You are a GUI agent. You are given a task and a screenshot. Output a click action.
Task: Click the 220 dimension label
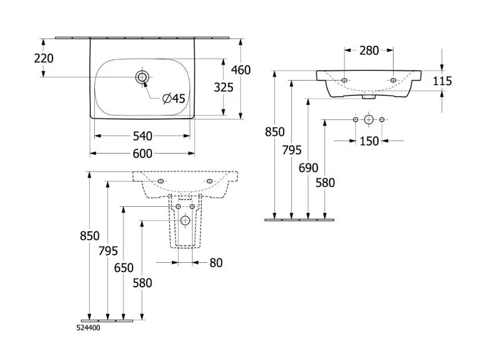[45, 58]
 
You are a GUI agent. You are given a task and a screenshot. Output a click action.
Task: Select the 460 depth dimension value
[241, 70]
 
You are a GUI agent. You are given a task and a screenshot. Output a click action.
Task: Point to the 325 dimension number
[223, 87]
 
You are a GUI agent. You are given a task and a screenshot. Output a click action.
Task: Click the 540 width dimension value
[142, 136]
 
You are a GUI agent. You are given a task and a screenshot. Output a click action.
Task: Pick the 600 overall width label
[142, 153]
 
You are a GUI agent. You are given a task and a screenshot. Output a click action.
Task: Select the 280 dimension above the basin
[369, 50]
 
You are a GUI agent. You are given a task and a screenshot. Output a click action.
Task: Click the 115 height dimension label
[442, 81]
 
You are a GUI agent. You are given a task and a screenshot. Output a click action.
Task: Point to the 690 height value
[308, 168]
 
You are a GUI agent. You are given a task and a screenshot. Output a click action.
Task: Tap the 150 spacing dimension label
[369, 141]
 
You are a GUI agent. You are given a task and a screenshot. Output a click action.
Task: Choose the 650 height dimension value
[124, 267]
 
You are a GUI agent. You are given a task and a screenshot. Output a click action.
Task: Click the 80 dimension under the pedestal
[215, 263]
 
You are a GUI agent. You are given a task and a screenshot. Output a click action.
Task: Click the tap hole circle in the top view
[142, 77]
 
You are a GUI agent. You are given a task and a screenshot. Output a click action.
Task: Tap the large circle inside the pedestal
[185, 221]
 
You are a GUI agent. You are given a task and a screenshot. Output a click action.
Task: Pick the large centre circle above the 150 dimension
[369, 119]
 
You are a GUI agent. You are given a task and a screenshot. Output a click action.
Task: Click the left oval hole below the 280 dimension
[344, 79]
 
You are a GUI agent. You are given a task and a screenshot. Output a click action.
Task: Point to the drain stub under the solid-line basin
[369, 97]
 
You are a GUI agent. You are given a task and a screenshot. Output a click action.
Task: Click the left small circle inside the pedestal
[178, 206]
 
